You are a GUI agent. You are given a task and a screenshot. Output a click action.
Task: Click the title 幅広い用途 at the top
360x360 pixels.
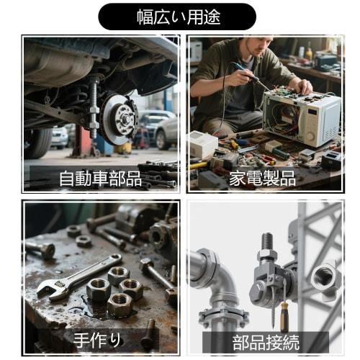[177, 16]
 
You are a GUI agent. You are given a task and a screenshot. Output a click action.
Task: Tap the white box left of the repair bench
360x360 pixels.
[202, 145]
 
